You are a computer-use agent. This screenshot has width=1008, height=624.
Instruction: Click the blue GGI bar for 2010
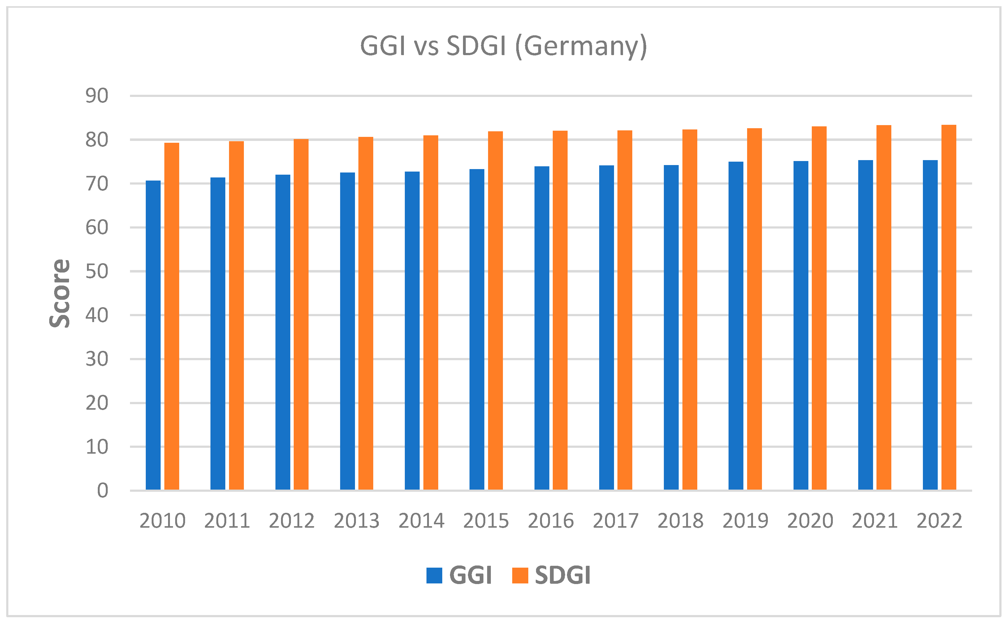(153, 335)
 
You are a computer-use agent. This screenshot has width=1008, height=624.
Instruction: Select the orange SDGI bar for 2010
(171, 316)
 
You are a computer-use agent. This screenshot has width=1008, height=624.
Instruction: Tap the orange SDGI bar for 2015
(495, 310)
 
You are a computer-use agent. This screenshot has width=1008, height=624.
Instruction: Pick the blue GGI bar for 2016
(542, 328)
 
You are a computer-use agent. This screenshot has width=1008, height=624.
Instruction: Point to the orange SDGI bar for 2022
(949, 307)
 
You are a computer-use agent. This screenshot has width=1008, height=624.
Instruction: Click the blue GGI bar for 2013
(347, 331)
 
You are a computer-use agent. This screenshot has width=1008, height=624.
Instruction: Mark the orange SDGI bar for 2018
(690, 310)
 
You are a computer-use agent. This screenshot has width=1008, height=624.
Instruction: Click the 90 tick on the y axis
(97, 96)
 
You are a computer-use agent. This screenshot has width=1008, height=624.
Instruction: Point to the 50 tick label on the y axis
(97, 272)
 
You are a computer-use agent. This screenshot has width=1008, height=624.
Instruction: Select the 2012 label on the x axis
(292, 521)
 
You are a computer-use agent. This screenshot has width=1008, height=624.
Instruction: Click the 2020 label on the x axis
(810, 521)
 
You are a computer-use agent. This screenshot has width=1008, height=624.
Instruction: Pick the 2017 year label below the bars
(615, 521)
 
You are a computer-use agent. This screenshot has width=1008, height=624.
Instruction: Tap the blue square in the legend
(434, 575)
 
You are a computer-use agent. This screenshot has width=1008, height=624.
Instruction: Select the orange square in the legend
(520, 575)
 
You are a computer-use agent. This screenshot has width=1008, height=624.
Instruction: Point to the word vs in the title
(426, 46)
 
